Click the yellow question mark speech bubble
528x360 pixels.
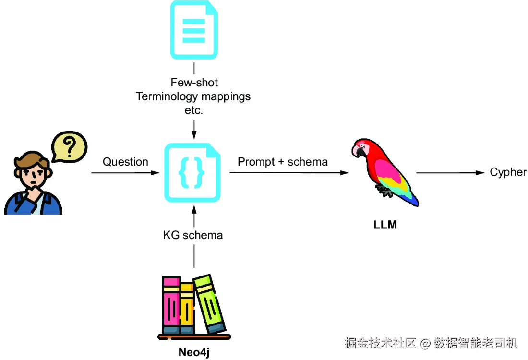[70, 146]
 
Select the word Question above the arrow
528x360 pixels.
[125, 162]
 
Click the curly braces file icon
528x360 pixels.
[193, 172]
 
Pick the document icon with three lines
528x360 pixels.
[194, 30]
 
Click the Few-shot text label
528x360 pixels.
[194, 83]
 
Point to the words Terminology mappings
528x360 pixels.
[193, 96]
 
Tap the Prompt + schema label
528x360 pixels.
[283, 162]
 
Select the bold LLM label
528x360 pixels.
[385, 224]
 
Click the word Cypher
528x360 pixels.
[508, 172]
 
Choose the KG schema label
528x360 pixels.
[193, 235]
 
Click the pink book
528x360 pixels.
[171, 305]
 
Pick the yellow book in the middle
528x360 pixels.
[187, 307]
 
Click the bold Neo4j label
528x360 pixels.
[194, 352]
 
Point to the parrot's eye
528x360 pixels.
[363, 146]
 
